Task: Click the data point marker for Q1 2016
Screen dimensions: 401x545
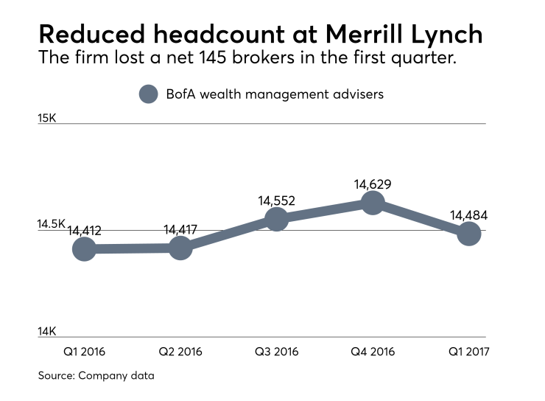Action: pos(84,249)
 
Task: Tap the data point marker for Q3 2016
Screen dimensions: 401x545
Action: pos(276,219)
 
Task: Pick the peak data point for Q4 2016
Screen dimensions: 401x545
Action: pos(373,203)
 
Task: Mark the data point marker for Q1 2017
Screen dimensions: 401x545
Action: pos(469,234)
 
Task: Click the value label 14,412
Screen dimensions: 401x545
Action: pos(84,231)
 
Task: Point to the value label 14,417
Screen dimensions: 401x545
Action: pos(180,230)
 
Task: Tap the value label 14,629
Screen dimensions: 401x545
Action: pos(373,184)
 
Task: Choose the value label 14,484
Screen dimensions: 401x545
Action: pos(469,215)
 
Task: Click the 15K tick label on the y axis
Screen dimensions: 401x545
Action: pos(47,117)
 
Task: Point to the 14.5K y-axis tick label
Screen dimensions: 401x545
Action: pos(52,223)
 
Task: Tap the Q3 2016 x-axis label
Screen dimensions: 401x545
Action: pos(276,352)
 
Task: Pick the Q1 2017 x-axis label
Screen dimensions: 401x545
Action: pos(469,352)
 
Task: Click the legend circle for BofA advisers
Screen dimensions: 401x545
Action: pos(149,94)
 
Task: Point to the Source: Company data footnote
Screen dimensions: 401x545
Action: pos(96,376)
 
